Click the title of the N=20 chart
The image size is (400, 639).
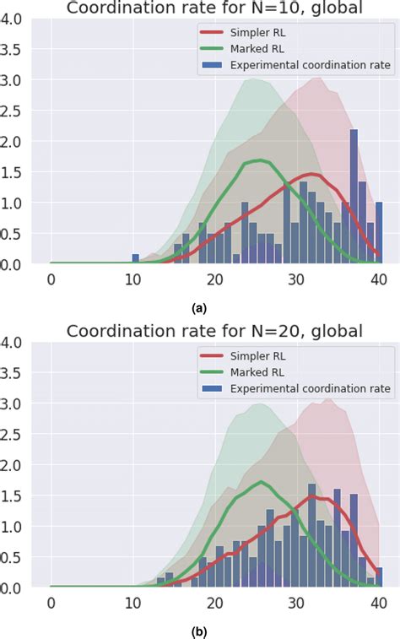point(214,331)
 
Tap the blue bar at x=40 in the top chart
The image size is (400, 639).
point(379,233)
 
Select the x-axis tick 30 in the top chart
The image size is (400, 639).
point(297,279)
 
